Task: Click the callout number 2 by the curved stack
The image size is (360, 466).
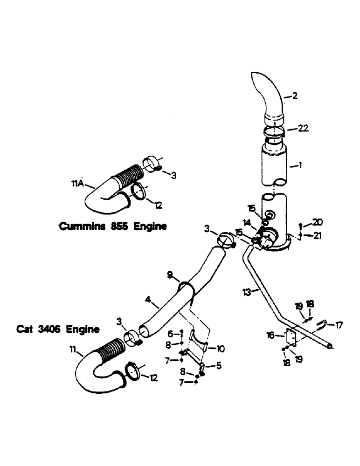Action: coord(294,97)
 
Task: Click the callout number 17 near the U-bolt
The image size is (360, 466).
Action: coord(339,325)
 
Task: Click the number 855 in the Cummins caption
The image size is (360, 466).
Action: coord(119,226)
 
